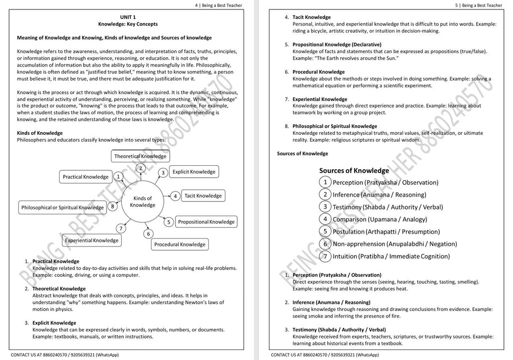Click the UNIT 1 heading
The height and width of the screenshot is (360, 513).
(128, 17)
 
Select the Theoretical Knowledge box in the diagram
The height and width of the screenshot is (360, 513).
(140, 156)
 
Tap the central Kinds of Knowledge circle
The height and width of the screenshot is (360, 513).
(142, 201)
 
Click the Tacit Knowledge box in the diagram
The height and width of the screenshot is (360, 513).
(202, 196)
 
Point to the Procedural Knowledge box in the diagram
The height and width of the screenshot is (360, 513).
(179, 244)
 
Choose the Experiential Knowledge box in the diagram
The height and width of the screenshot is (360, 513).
(92, 240)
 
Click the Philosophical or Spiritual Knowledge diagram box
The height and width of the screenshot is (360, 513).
(63, 207)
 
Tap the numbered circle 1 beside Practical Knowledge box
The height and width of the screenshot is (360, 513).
(118, 177)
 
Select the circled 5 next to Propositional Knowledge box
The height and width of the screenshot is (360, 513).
(169, 222)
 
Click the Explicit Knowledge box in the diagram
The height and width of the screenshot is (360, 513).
(193, 172)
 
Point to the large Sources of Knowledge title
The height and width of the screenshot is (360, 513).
(354, 170)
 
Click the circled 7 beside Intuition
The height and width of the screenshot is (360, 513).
(325, 256)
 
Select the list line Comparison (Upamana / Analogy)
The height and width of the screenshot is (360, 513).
(380, 219)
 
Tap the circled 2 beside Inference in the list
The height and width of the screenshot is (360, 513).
(325, 194)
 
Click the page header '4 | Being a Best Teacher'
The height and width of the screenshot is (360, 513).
(218, 6)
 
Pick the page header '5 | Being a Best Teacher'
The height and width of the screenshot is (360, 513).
(478, 6)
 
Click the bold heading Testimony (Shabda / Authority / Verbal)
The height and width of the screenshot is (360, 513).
(339, 329)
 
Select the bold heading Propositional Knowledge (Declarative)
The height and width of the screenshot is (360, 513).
(337, 45)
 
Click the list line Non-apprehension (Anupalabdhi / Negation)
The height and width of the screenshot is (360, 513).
(395, 244)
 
